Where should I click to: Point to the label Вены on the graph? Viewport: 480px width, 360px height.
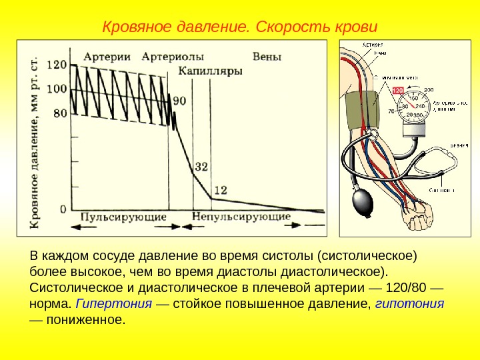click(x=267, y=55)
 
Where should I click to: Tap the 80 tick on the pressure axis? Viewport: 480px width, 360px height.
click(x=59, y=113)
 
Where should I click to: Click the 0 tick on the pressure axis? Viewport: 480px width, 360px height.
click(x=63, y=209)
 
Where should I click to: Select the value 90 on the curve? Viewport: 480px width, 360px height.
click(x=179, y=101)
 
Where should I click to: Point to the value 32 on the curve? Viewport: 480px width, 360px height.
click(x=201, y=166)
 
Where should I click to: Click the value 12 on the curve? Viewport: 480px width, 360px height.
click(x=220, y=190)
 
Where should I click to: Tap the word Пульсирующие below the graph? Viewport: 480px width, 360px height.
click(x=123, y=217)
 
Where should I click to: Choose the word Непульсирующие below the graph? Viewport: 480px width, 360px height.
click(x=241, y=217)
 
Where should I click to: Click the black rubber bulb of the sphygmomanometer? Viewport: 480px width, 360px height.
click(x=363, y=202)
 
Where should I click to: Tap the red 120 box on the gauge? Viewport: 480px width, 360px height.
click(x=397, y=90)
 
